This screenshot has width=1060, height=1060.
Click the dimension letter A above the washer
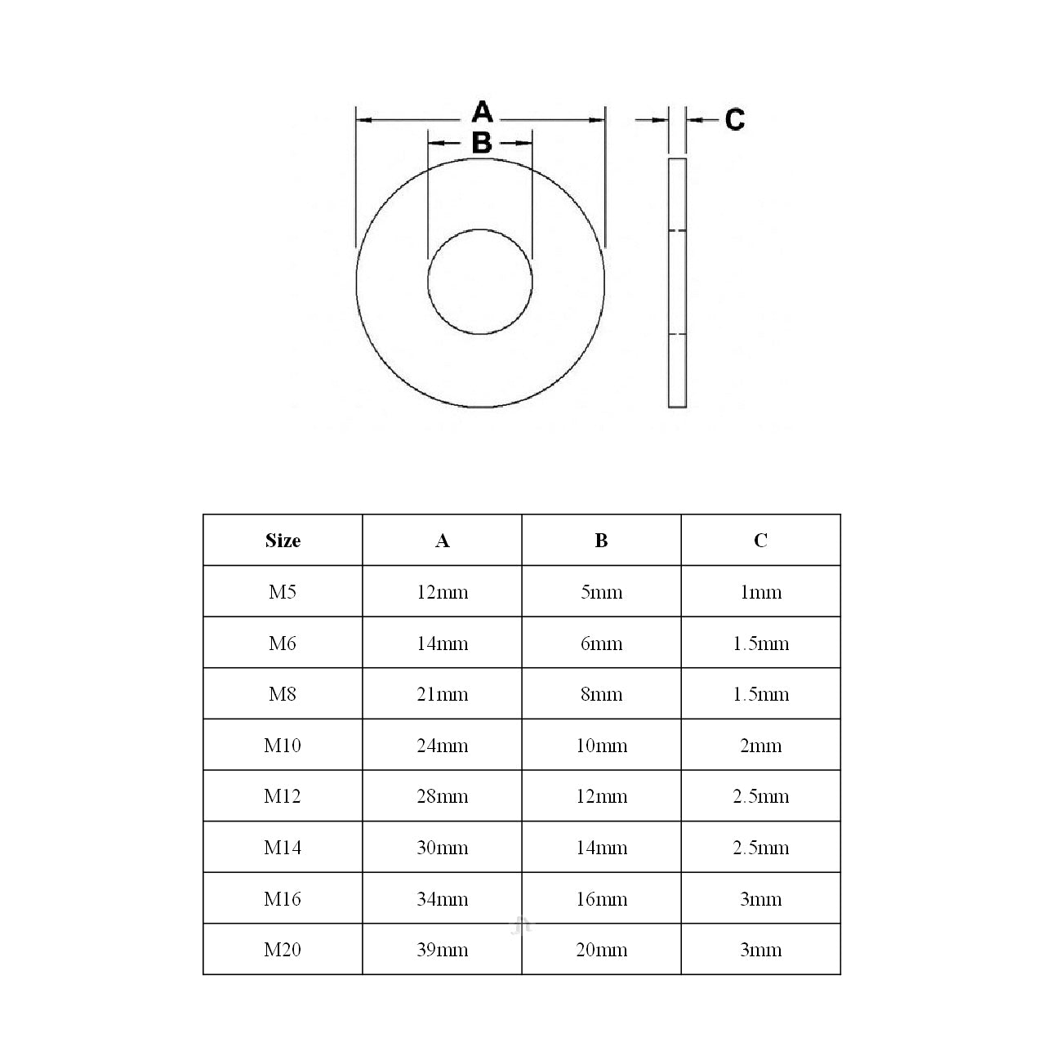pos(483,111)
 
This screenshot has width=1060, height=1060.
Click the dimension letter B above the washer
pos(482,143)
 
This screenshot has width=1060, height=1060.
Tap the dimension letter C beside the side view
pos(735,120)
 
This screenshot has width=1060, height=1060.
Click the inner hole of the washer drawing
pos(480,282)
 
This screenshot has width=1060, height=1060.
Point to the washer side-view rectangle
pos(677,282)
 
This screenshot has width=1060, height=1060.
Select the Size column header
pos(283,541)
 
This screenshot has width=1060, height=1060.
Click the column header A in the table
pos(442,541)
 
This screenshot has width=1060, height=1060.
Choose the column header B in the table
pos(601,541)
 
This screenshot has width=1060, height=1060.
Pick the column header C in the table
pos(760,541)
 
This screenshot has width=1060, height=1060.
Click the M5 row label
pos(283,592)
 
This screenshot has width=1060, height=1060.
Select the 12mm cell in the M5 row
pos(442,592)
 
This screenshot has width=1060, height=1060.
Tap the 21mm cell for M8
pos(442,694)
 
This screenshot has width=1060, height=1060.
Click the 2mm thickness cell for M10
pos(760,746)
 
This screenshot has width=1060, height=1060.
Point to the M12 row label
pos(283,796)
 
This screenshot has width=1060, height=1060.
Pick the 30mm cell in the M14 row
pos(442,848)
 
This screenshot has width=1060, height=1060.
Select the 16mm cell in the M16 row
pos(601,899)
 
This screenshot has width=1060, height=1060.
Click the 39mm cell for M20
pos(442,950)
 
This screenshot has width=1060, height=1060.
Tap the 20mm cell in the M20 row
pos(601,950)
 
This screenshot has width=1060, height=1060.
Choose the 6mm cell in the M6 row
pos(601,644)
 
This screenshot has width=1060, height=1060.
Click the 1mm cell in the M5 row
pos(760,592)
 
